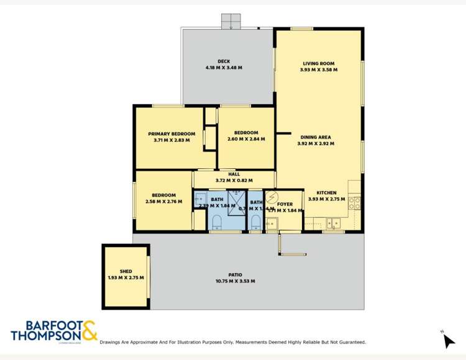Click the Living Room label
(x=319, y=63)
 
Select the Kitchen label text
(x=326, y=192)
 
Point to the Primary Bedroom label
(x=171, y=133)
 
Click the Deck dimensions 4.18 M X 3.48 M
(x=224, y=67)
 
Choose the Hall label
(x=234, y=174)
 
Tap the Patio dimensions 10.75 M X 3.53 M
(x=235, y=281)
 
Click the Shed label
(x=126, y=271)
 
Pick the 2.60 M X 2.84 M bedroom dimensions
(x=246, y=139)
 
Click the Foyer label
(x=285, y=204)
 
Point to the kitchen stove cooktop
(x=355, y=202)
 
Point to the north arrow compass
(x=449, y=340)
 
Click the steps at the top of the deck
(x=231, y=20)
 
